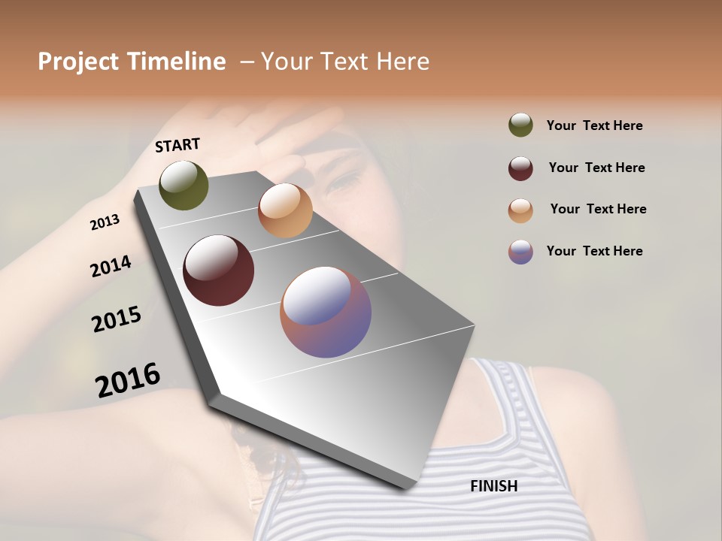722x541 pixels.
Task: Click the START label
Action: click(177, 145)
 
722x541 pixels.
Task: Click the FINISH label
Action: click(493, 486)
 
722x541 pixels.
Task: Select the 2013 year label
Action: click(105, 222)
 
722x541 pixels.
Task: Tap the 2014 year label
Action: click(111, 267)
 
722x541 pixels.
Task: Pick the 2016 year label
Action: click(128, 380)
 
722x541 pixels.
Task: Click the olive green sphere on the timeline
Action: click(184, 185)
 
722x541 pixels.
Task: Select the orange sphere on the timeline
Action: click(285, 210)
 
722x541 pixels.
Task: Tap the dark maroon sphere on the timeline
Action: click(219, 270)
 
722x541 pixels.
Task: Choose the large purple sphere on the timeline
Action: click(326, 312)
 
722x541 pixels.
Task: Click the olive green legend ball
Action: click(520, 125)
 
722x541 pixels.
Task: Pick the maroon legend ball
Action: click(520, 168)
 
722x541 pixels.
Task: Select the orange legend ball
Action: click(520, 210)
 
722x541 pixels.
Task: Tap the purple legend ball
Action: click(520, 252)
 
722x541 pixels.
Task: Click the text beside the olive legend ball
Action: click(594, 125)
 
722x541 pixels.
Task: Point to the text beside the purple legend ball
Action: click(594, 251)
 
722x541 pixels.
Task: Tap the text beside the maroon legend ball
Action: click(596, 168)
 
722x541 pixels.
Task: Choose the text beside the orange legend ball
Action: click(598, 209)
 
